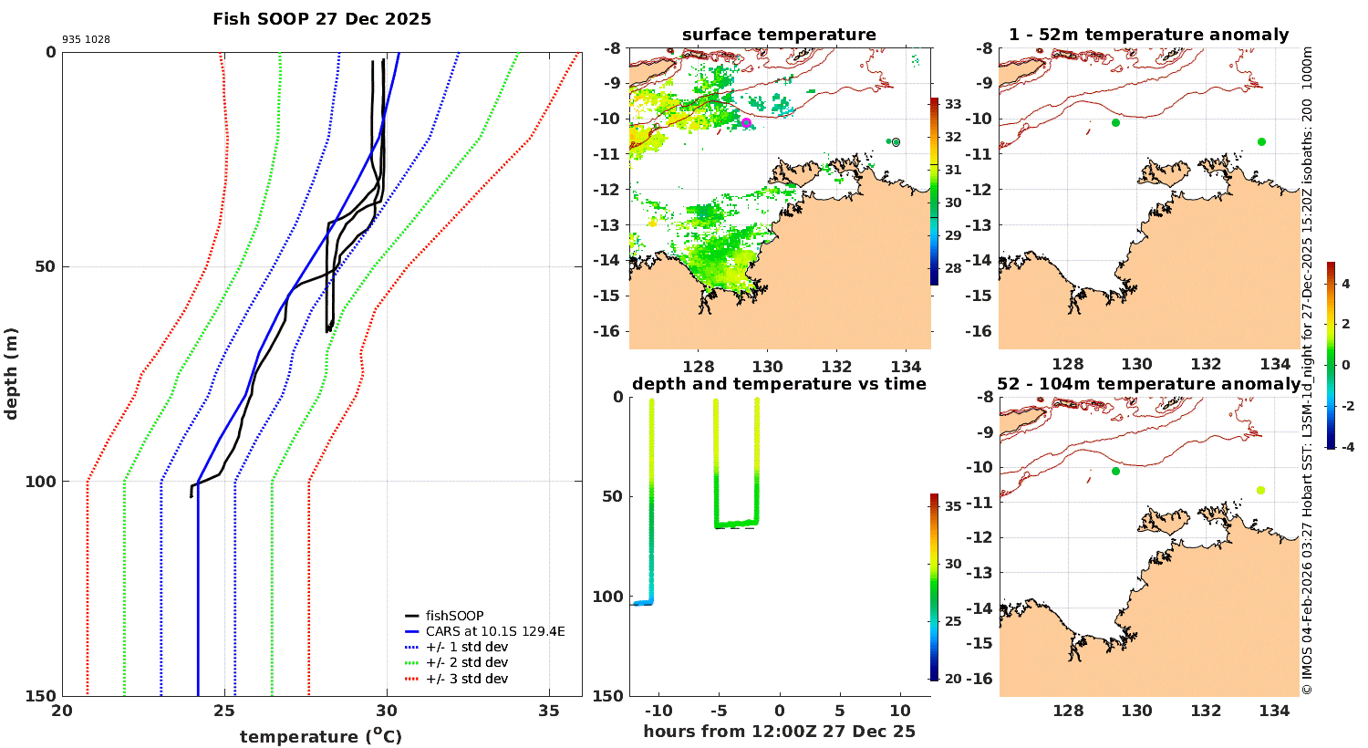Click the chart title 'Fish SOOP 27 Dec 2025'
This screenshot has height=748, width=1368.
(x=322, y=19)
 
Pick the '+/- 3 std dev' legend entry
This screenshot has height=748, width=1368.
(x=466, y=679)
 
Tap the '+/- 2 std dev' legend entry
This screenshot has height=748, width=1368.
(x=466, y=662)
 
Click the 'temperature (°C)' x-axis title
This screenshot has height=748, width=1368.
(x=320, y=736)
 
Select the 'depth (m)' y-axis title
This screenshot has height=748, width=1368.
(x=12, y=374)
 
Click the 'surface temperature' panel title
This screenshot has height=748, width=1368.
(x=779, y=35)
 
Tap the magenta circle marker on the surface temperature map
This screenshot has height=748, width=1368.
(x=746, y=123)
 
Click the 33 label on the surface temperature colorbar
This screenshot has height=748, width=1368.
(x=953, y=104)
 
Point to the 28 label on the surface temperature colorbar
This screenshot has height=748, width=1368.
(x=953, y=268)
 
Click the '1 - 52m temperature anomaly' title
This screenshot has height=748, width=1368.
(x=1148, y=35)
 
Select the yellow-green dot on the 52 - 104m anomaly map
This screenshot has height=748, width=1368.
(x=1260, y=490)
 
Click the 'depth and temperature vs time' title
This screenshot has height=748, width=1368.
(x=779, y=384)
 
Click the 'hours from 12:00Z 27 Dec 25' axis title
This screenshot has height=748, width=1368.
(x=779, y=732)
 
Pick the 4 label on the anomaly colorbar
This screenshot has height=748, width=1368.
(x=1345, y=285)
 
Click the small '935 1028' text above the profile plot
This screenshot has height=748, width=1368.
(x=86, y=40)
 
